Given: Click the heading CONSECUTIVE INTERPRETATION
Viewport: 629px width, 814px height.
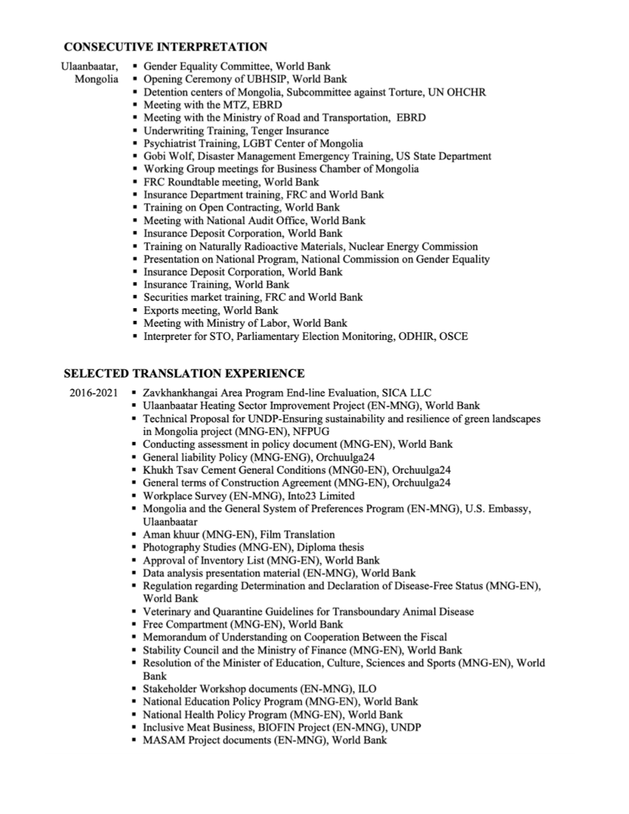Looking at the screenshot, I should coord(165,47).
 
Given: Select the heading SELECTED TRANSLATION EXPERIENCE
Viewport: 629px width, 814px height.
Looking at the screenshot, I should coord(184,374).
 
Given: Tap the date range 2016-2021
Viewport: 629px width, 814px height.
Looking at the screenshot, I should coord(93,393).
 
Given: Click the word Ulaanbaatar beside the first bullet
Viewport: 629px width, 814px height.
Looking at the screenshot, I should coord(89,66).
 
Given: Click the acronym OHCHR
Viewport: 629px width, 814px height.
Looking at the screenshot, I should coord(466,92).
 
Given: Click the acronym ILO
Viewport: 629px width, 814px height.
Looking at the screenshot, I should coord(367,689).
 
